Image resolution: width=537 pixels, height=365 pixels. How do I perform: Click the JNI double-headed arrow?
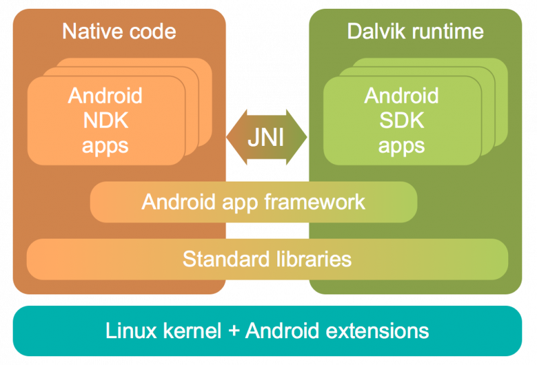(267, 137)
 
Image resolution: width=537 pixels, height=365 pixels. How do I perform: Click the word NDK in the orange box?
(105, 120)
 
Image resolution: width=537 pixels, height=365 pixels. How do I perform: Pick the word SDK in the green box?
(401, 120)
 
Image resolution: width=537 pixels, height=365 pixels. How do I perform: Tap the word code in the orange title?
(152, 31)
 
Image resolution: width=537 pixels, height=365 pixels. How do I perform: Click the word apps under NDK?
(105, 145)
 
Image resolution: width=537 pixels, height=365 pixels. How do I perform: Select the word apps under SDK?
(401, 145)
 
